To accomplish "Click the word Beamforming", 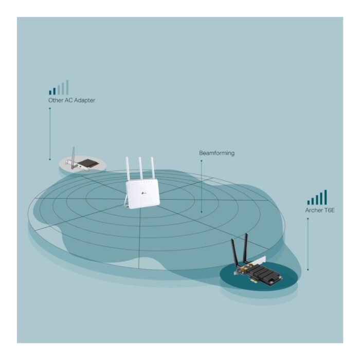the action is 217,153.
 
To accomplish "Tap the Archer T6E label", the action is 320,210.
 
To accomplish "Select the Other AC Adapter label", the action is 71,100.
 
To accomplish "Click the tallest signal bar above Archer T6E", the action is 326,197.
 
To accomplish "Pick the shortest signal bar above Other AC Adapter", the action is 50,93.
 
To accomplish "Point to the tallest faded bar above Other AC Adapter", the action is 67,87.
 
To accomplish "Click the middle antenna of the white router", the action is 140,168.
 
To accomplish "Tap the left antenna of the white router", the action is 128,169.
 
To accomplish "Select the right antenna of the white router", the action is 152,168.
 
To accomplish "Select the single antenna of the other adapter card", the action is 73,158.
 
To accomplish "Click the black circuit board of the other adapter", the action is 87,163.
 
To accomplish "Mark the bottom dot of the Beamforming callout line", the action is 202,212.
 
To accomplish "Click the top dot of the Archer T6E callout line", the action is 308,219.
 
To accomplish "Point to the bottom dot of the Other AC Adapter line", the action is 50,159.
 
